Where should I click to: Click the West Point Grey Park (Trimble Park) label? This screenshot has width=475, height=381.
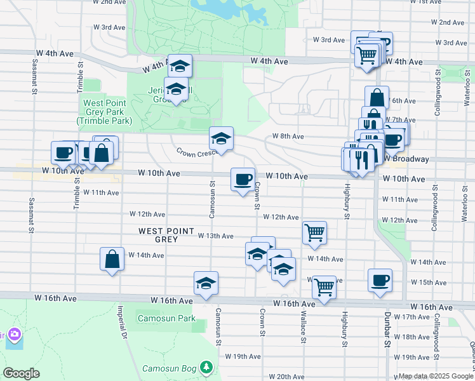104,112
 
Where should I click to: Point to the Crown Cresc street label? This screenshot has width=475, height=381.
196,152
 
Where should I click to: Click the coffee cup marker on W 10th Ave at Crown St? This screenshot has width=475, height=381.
243,180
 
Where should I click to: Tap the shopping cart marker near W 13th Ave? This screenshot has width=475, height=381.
315,232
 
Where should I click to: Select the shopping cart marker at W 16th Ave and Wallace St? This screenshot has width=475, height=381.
324,287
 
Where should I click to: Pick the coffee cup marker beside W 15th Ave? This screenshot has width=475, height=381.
380,280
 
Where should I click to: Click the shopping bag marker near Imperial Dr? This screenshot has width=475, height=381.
112,259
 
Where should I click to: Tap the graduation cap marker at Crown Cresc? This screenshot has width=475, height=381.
221,138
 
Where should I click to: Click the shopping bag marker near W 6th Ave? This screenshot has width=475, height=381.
377,98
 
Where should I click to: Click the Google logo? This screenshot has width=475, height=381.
21,373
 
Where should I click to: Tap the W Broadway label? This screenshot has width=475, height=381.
406,159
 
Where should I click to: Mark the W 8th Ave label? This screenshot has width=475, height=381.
288,137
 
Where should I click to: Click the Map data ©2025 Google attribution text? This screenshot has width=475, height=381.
436,376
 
